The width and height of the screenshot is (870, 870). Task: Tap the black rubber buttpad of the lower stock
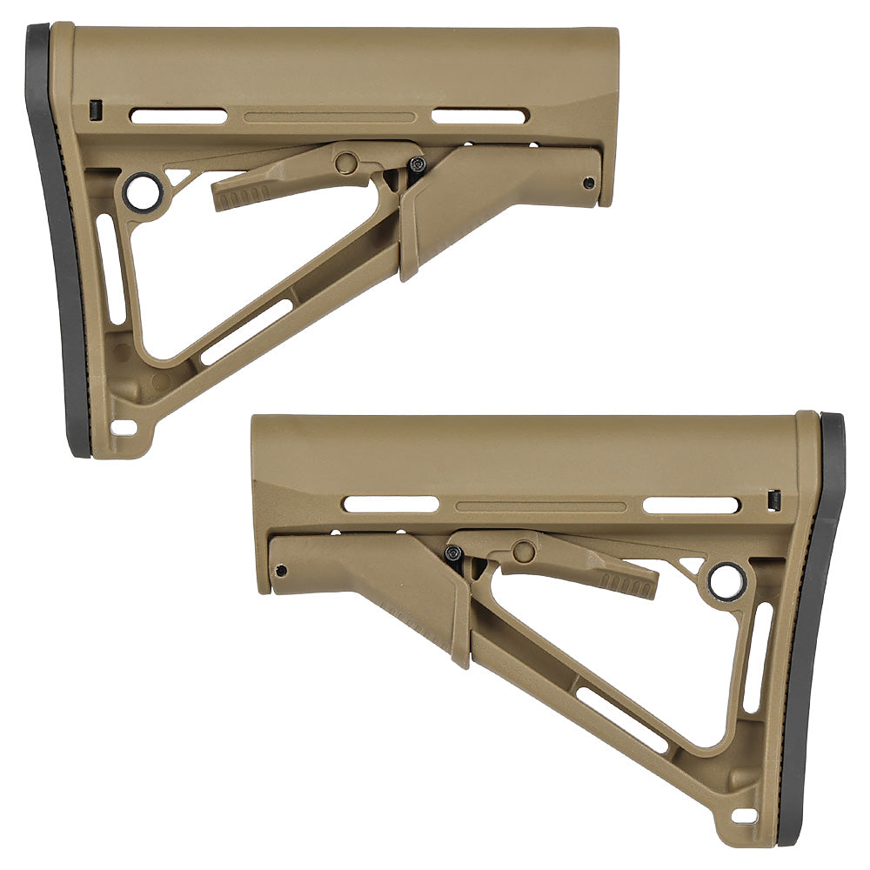818,626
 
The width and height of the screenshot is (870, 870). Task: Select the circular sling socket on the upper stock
143,191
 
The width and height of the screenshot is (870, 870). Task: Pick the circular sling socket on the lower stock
727,580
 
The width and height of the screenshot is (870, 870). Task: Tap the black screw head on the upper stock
419,164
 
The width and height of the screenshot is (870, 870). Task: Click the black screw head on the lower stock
452,552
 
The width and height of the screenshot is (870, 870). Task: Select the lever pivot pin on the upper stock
346,161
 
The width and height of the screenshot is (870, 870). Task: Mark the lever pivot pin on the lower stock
524,551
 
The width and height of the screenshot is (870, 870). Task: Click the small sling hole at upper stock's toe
124,428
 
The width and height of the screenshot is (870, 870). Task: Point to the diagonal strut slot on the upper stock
248,331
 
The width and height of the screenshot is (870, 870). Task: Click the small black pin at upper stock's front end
589,183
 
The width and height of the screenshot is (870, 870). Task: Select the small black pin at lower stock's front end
280,571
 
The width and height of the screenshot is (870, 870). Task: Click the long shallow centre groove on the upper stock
330,117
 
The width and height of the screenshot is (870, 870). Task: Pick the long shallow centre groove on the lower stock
540,505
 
